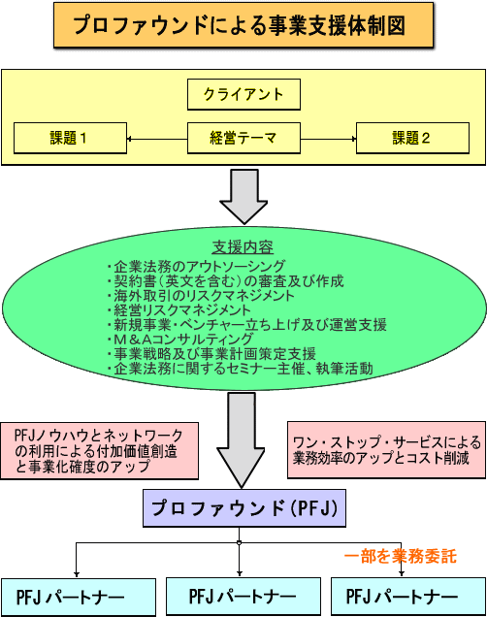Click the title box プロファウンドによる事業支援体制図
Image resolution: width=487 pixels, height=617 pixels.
click(243, 25)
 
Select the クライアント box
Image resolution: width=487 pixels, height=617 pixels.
click(243, 94)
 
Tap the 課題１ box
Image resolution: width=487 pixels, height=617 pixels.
click(70, 138)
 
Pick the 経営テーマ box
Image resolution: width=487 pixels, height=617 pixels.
click(243, 138)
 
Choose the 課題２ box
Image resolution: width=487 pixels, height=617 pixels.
click(412, 138)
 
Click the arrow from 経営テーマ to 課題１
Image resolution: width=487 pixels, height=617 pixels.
click(157, 139)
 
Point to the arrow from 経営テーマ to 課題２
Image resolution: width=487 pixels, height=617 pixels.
click(329, 139)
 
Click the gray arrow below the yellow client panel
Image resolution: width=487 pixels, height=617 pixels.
click(243, 197)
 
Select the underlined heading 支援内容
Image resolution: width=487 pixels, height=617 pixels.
click(243, 247)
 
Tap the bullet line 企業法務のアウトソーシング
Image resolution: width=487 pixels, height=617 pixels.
click(196, 267)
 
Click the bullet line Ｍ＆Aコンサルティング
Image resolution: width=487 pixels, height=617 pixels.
click(179, 340)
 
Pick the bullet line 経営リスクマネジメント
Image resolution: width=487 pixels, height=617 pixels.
click(179, 310)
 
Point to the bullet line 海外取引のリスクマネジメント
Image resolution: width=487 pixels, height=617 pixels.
click(200, 296)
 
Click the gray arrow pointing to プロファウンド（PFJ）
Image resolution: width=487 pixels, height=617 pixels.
click(242, 440)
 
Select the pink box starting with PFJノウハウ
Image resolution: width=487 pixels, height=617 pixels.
click(100, 451)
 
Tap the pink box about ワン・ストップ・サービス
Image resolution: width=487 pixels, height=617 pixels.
click(387, 450)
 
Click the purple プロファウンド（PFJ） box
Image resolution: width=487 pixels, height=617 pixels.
click(244, 508)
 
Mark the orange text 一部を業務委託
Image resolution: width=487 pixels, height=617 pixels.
click(400, 557)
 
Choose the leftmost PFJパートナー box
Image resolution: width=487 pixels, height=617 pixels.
click(79, 598)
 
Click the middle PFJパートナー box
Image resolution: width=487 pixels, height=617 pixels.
click(243, 597)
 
